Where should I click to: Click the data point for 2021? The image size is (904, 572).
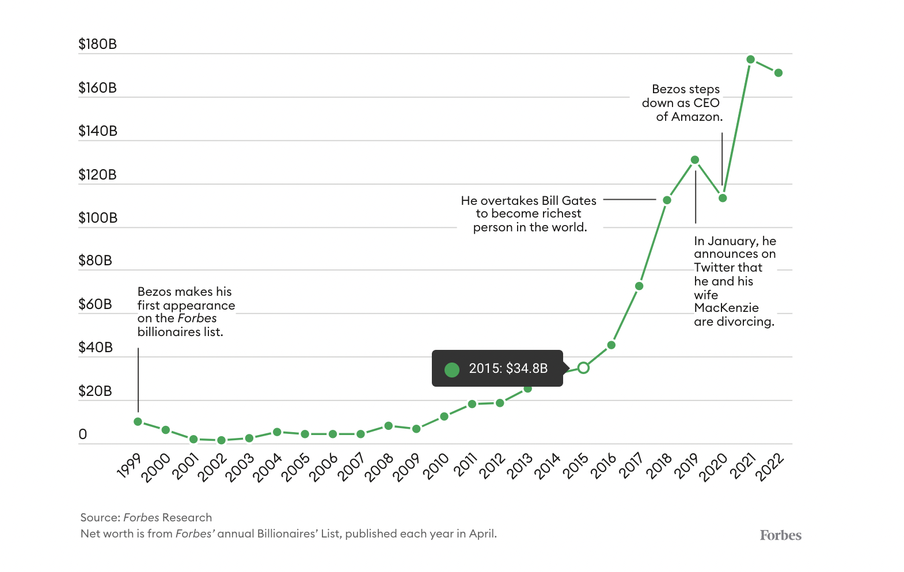[750, 59]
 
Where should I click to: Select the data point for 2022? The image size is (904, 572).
[778, 73]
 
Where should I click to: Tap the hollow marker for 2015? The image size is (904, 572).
[583, 368]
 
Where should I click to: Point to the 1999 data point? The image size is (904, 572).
[138, 422]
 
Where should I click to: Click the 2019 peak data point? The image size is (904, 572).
[695, 160]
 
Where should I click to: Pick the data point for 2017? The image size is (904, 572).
[639, 286]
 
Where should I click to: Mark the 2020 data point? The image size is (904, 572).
[723, 198]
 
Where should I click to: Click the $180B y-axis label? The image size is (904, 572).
[97, 44]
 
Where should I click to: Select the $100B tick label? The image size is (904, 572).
[98, 218]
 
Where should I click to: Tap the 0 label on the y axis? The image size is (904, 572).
[83, 434]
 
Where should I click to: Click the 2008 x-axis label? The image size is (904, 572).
[379, 467]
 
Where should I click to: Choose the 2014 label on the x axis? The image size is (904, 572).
[547, 467]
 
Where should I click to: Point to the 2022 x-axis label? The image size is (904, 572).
[770, 467]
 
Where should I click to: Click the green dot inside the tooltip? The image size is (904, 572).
[452, 369]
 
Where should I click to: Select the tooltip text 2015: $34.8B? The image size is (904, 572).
[508, 369]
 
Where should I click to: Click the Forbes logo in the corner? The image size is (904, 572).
[780, 536]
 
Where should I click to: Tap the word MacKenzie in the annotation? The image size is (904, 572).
[726, 308]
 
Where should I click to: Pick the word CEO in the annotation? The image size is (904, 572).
[707, 103]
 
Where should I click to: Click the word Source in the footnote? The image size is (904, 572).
[100, 517]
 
